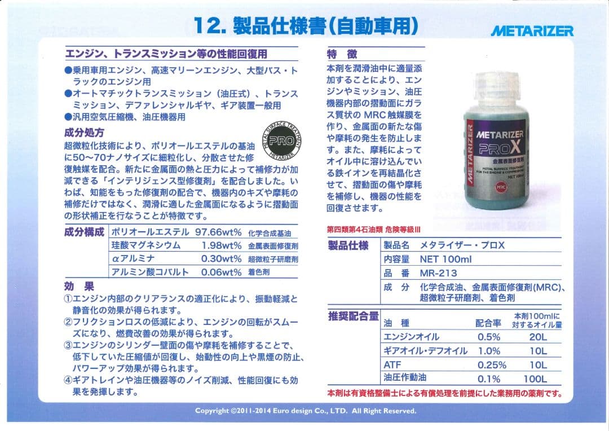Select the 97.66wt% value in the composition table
218,232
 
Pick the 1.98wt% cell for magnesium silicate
221,245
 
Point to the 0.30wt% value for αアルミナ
221,258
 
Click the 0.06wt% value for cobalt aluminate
221,272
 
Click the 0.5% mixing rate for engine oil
489,337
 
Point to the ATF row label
392,365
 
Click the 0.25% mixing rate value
492,365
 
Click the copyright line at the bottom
305,411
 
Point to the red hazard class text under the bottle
373,230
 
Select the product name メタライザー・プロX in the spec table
462,245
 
